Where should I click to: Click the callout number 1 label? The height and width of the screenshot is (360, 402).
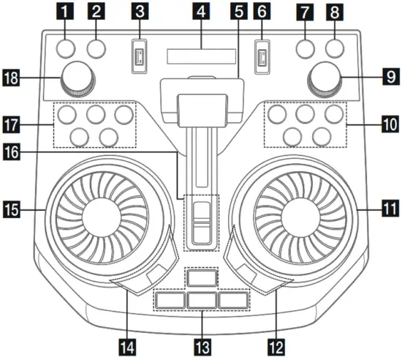(67, 12)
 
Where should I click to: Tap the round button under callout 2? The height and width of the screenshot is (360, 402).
(96, 49)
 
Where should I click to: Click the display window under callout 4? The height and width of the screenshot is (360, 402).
(201, 57)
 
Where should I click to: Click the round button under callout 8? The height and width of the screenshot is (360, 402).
(335, 49)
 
